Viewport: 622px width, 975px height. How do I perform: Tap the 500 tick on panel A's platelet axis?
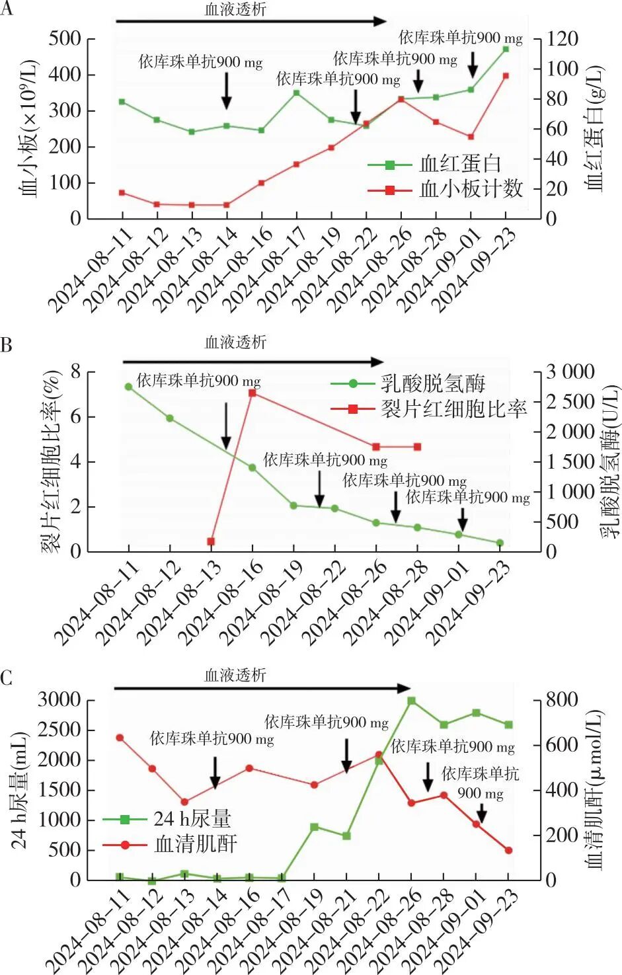coord(65,39)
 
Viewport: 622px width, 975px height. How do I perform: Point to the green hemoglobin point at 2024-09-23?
coord(506,49)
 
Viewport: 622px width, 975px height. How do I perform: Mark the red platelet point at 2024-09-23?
coord(506,76)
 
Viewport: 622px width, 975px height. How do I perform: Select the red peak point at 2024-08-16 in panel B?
coord(252,393)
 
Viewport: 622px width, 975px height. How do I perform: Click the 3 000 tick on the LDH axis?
coord(570,372)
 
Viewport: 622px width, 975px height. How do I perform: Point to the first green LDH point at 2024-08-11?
coord(128,387)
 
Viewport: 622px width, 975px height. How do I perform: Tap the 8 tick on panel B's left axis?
coord(75,372)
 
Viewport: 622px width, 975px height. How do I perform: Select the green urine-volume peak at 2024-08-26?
coord(411,701)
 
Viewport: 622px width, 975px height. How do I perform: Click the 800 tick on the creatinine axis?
coord(563,700)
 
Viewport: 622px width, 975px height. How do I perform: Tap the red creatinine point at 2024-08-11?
coord(120,738)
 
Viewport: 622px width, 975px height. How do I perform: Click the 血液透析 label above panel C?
coord(235,675)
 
